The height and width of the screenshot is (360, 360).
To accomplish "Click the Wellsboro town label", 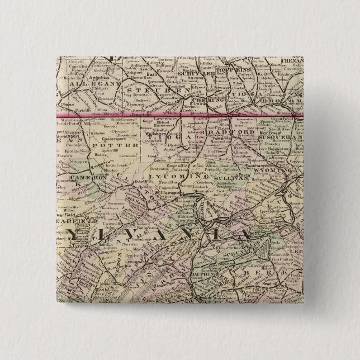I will point(160,135).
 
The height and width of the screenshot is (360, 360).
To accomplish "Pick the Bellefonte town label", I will point(128,228).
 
